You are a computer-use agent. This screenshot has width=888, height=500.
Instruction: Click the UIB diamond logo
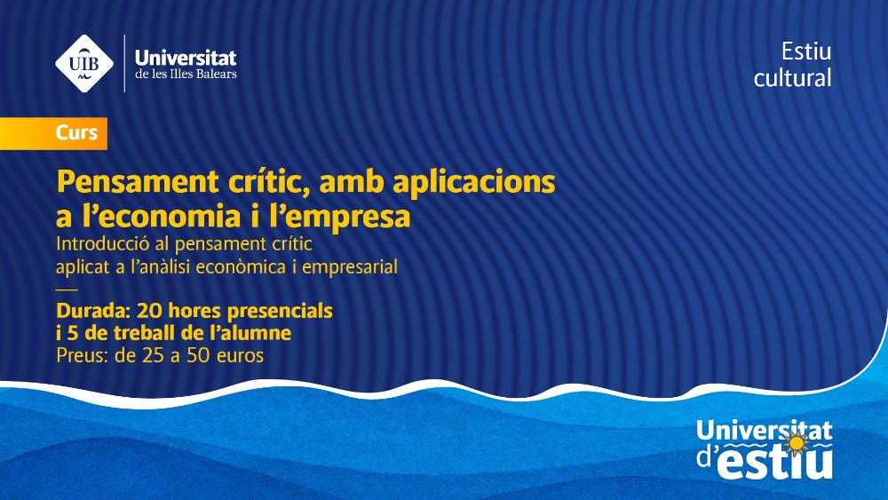coord(84,63)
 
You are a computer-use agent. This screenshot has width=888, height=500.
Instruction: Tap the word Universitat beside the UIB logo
coord(186,57)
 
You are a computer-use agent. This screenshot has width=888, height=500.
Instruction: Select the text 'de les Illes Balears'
coord(186,75)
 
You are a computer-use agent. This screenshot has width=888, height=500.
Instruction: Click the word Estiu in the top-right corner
coord(806,52)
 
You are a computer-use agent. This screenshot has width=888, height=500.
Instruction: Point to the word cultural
coord(792,77)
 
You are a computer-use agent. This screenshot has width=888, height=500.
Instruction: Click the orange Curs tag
coord(53,133)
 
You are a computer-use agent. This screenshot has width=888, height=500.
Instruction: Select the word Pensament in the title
coord(138,182)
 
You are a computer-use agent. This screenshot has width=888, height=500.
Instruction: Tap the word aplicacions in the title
coord(473,182)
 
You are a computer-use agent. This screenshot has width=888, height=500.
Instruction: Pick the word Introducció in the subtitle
coord(102,244)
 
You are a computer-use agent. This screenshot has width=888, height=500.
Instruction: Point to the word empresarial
coord(349,266)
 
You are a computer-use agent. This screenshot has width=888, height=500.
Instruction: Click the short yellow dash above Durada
coord(67,290)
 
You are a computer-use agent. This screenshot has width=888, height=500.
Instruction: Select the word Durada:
coord(93,311)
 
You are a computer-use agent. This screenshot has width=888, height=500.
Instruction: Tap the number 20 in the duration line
coord(149,311)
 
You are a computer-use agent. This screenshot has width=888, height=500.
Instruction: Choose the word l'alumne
coord(250,333)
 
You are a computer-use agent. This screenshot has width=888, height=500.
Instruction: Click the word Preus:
coord(83,355)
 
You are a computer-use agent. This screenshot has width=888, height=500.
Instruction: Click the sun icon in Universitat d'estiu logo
coord(797,444)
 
